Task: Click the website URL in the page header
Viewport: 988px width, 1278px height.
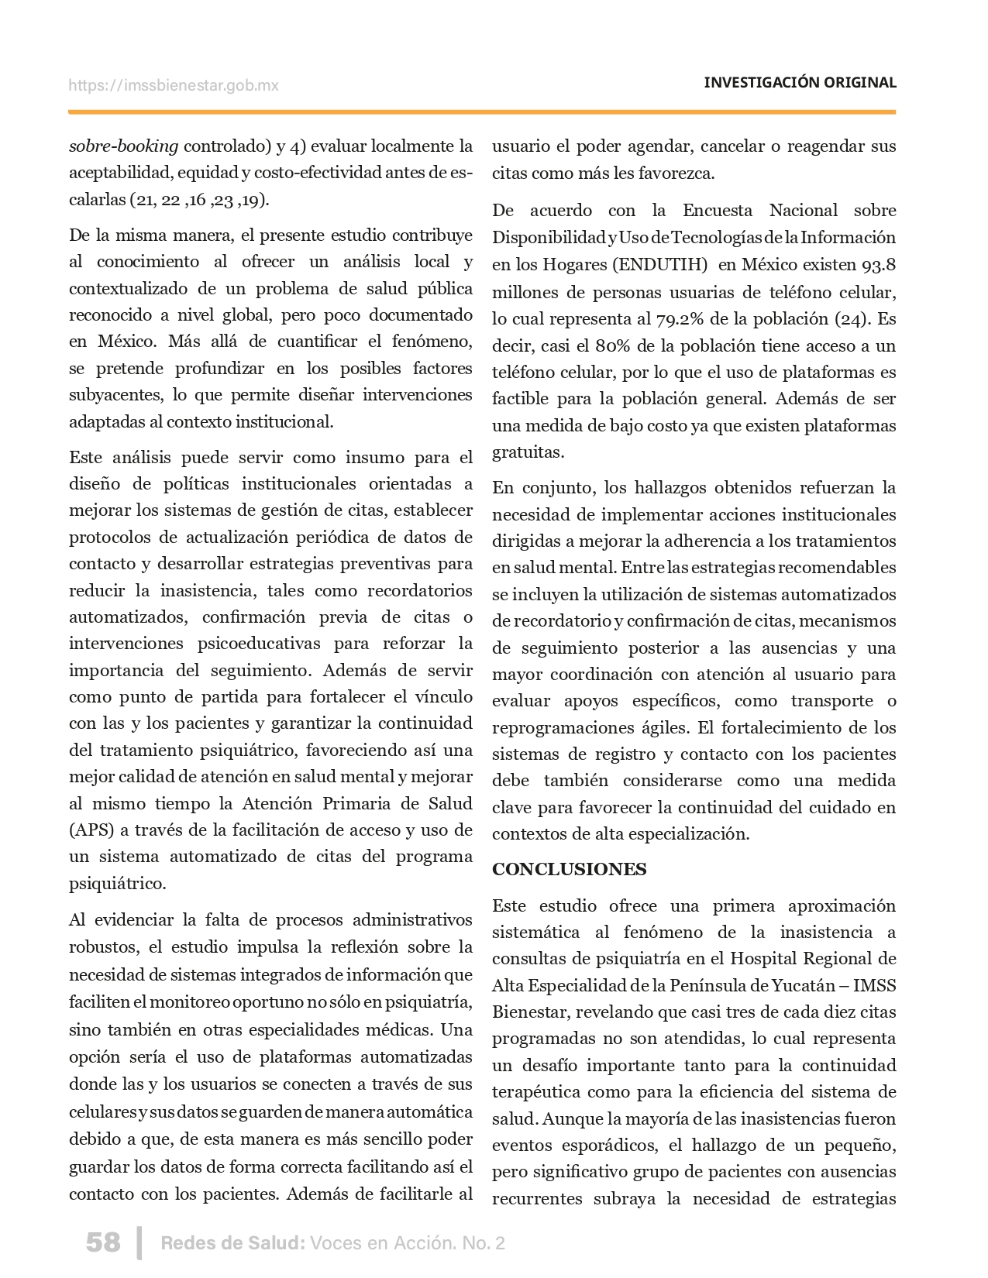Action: pyautogui.click(x=174, y=85)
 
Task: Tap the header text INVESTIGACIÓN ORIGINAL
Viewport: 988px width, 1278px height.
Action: pyautogui.click(x=800, y=82)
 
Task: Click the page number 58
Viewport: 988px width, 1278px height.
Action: pyautogui.click(x=103, y=1242)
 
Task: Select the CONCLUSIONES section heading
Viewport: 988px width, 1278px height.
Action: pyautogui.click(x=570, y=869)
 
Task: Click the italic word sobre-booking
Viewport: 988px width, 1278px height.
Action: pyautogui.click(x=124, y=146)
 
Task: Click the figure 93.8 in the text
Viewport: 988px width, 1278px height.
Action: pyautogui.click(x=878, y=265)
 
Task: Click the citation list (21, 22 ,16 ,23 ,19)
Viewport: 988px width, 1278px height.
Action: pyautogui.click(x=201, y=199)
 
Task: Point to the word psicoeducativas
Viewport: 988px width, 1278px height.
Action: pyautogui.click(x=259, y=643)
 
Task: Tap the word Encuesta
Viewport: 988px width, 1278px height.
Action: pyautogui.click(x=718, y=211)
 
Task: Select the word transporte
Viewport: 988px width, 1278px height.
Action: pyautogui.click(x=831, y=700)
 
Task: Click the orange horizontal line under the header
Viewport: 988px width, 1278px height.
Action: pyautogui.click(x=482, y=112)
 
